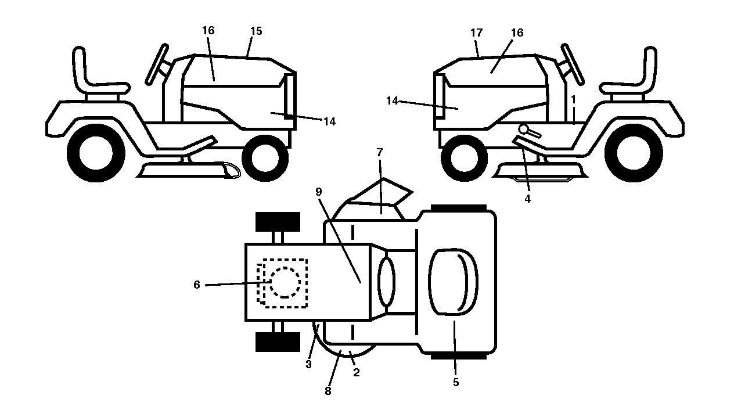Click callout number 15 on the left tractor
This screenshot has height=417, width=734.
256,31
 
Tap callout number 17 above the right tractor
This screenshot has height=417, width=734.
476,33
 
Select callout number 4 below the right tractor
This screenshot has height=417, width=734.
527,199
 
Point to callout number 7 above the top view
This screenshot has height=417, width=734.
379,152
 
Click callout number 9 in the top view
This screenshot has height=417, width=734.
318,192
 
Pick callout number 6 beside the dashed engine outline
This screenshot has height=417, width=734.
197,285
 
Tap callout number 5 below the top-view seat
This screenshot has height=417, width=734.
456,382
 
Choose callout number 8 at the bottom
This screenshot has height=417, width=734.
328,391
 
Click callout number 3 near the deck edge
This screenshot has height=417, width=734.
308,364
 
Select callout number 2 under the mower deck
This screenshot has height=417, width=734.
357,372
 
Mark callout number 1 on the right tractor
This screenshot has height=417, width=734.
573,99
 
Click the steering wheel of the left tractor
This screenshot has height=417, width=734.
157,64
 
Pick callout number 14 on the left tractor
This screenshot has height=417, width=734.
329,121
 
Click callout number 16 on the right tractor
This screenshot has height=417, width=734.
517,33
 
